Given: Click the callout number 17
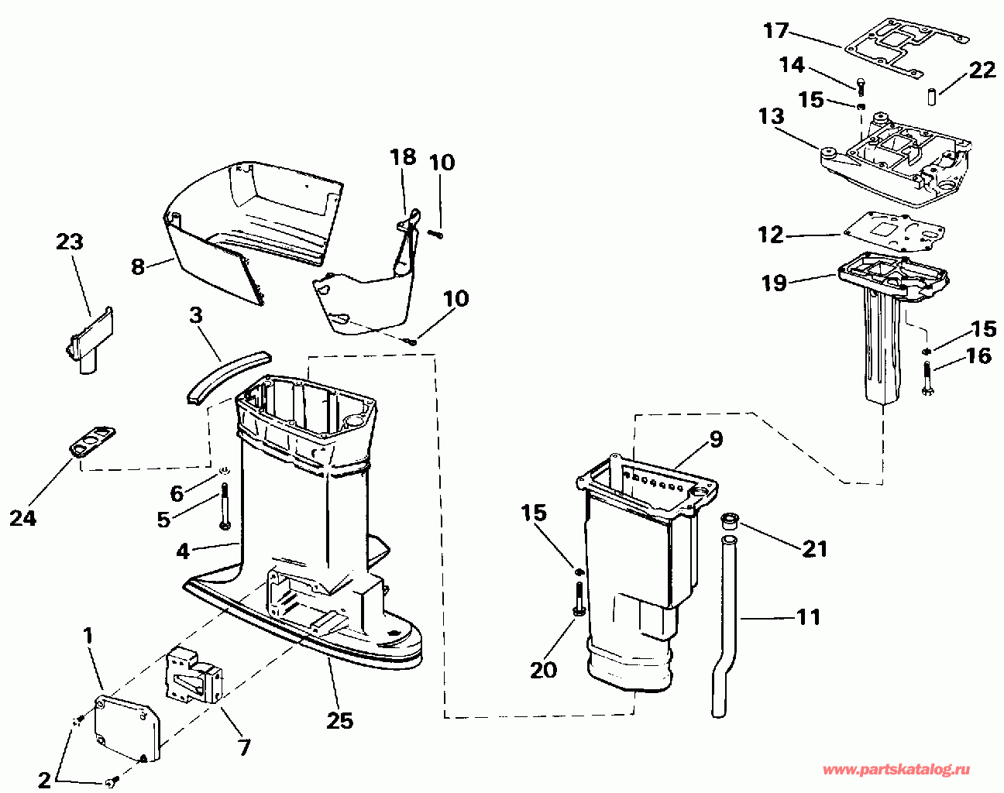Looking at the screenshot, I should point(775,31).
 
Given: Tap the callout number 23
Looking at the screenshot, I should point(69,242).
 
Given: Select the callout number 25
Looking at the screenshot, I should point(339,720).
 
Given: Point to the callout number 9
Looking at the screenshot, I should point(715,440).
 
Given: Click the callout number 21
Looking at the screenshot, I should point(815,549).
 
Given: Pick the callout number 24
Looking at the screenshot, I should point(22,517).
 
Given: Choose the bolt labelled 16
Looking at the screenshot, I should point(927,379).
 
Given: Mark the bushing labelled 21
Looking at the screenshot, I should point(728,521).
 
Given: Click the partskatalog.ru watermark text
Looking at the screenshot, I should point(896,770).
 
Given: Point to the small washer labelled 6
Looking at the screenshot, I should point(223,469).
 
